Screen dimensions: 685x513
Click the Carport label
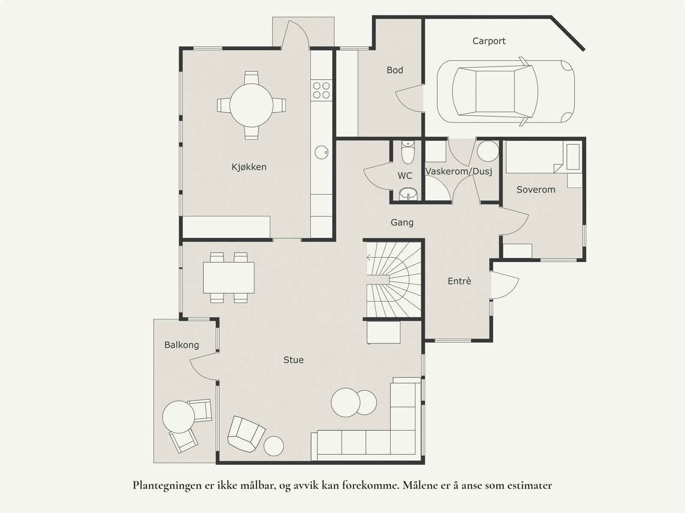click(x=489, y=41)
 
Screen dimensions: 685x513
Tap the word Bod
click(x=395, y=70)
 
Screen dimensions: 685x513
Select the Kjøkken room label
click(x=249, y=167)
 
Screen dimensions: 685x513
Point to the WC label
click(x=405, y=176)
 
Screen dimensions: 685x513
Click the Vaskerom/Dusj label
click(x=459, y=171)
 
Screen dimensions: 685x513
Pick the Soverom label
click(x=536, y=189)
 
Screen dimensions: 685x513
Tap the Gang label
click(x=402, y=223)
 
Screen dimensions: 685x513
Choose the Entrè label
click(x=459, y=281)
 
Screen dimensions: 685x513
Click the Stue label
click(x=293, y=360)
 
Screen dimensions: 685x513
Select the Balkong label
click(x=182, y=345)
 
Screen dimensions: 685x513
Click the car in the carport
click(x=506, y=92)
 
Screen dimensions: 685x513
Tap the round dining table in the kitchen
click(x=251, y=105)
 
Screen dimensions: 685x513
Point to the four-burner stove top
click(x=322, y=90)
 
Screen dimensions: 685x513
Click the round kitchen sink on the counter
click(x=322, y=152)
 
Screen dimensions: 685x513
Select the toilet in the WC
click(x=408, y=152)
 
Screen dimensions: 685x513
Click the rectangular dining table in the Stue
click(x=229, y=278)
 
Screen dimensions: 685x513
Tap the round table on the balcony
click(x=179, y=417)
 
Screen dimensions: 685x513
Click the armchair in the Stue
click(x=246, y=434)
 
